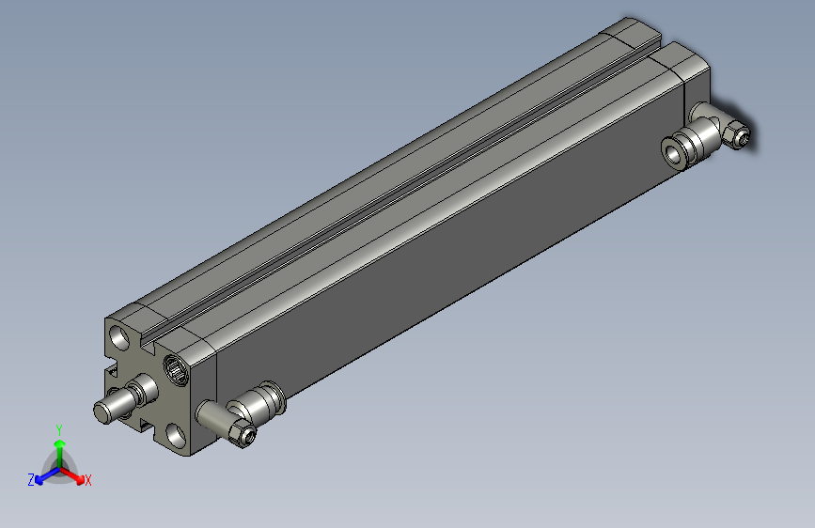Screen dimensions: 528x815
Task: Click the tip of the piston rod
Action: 102,411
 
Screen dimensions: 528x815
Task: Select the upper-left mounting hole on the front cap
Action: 119,336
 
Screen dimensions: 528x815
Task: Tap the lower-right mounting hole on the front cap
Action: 177,434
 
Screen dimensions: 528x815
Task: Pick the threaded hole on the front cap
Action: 176,366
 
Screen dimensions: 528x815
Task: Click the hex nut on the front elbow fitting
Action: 241,434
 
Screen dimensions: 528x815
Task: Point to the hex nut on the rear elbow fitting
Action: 739,137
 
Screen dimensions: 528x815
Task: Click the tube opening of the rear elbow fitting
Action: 673,151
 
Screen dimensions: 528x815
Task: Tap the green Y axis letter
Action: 59,427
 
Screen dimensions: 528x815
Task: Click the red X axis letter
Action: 88,480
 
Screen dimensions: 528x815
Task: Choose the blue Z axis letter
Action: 31,480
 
